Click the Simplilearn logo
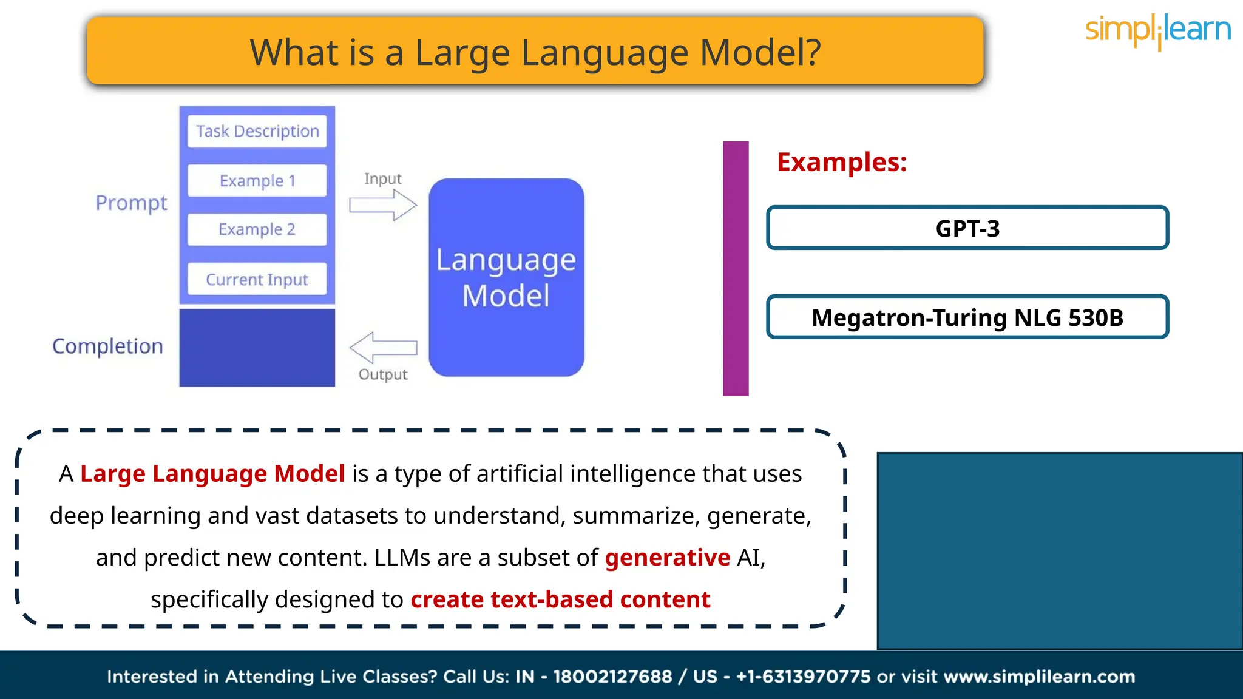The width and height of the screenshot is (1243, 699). pyautogui.click(x=1157, y=30)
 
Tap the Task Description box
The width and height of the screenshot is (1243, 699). pyautogui.click(x=257, y=131)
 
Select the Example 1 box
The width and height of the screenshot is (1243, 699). pyautogui.click(x=257, y=181)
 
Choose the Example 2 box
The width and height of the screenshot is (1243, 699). pyautogui.click(x=257, y=229)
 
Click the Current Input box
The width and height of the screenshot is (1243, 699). pyautogui.click(x=257, y=279)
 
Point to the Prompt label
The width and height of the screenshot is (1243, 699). pyautogui.click(x=131, y=203)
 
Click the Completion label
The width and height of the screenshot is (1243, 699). pyautogui.click(x=108, y=346)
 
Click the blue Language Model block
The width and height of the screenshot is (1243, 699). pyautogui.click(x=506, y=277)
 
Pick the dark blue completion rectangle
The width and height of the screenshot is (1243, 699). pyautogui.click(x=257, y=348)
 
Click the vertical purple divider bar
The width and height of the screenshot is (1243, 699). pyautogui.click(x=736, y=268)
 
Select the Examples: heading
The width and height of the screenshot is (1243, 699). pyautogui.click(x=842, y=162)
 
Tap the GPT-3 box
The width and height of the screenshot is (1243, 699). pyautogui.click(x=967, y=228)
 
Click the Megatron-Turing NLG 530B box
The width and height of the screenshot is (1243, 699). pyautogui.click(x=967, y=317)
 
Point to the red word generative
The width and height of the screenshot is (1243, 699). pyautogui.click(x=667, y=557)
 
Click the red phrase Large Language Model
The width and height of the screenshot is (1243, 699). pyautogui.click(x=212, y=473)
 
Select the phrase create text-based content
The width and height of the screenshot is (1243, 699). pyautogui.click(x=560, y=599)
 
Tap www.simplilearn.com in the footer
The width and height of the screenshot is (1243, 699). pyautogui.click(x=1039, y=677)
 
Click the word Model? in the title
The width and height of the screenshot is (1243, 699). pyautogui.click(x=760, y=53)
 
